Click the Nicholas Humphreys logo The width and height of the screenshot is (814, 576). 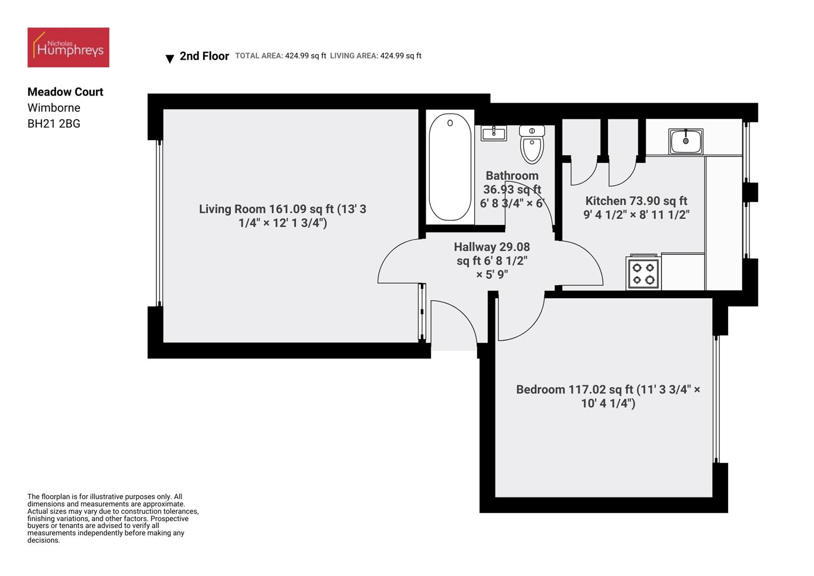coord(68,47)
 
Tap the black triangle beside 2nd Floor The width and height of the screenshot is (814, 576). coord(170,59)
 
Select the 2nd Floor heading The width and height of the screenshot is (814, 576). coord(204,56)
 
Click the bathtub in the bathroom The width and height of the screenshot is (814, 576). coord(450,167)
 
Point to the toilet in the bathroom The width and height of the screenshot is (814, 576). coord(532,145)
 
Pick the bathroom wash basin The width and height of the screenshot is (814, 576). coord(494,133)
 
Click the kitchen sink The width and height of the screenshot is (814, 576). coord(686,141)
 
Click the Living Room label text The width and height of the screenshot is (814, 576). coord(283,216)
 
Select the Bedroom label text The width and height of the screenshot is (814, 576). coord(608,396)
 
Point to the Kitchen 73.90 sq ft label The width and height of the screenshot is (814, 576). coord(636,201)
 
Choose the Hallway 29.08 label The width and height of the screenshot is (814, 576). coord(492,247)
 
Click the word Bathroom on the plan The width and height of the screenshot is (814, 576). coord(512,176)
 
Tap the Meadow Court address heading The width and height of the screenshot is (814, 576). coord(66,92)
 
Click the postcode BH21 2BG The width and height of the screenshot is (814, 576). coord(54,124)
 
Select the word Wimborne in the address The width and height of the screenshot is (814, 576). coord(54,108)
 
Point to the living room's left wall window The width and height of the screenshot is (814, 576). coord(159,223)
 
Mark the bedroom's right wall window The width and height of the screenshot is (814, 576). coord(717,399)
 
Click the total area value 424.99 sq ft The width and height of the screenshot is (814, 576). coord(305,55)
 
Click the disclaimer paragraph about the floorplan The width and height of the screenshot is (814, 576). coord(113,518)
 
